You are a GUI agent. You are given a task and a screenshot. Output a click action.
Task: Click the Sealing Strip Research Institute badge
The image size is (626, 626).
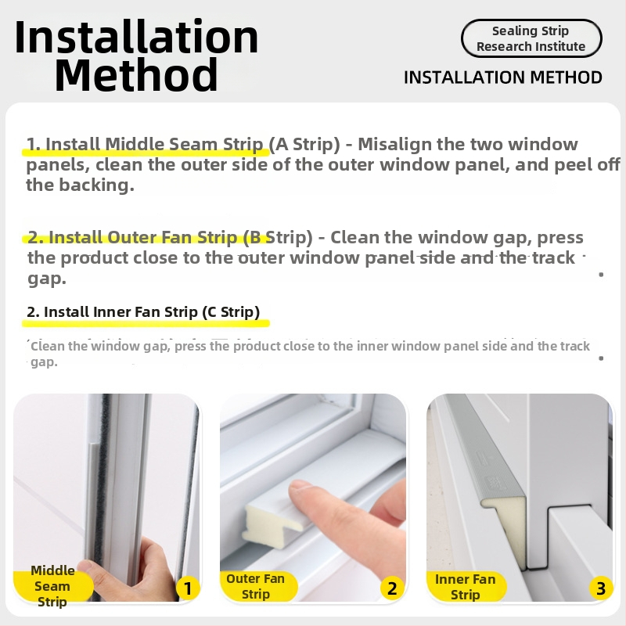click(x=531, y=38)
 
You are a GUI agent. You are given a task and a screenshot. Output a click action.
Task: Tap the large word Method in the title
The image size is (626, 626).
click(x=136, y=74)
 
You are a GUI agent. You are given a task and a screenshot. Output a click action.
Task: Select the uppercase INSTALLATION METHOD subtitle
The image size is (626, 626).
click(x=503, y=77)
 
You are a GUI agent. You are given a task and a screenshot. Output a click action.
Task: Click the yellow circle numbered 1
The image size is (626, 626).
click(x=188, y=588)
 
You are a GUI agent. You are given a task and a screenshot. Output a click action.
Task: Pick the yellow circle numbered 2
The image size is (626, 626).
click(x=392, y=588)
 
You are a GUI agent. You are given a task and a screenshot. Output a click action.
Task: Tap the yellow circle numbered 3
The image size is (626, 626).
click(x=600, y=588)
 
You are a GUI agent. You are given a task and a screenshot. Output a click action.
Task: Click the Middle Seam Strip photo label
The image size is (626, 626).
click(x=52, y=586)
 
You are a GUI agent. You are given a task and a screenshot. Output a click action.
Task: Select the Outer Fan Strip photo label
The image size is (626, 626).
click(x=256, y=586)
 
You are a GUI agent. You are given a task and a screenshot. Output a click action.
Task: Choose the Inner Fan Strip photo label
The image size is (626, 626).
click(x=466, y=587)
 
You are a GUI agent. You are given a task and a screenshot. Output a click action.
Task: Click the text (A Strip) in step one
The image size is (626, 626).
click(x=304, y=145)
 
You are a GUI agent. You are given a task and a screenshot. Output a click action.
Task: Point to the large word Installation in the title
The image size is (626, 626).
click(x=136, y=37)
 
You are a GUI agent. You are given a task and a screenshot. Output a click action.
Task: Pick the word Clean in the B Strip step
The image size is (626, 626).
click(x=352, y=238)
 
